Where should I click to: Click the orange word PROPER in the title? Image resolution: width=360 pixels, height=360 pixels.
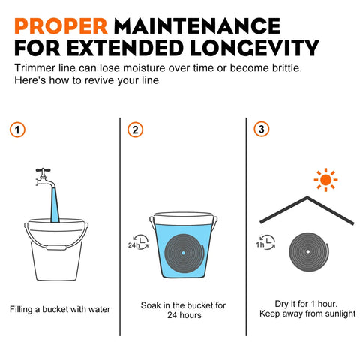click(x=61, y=26)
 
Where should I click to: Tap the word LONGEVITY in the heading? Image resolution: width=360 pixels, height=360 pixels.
click(x=254, y=48)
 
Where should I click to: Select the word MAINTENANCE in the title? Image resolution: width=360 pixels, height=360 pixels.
click(x=197, y=26)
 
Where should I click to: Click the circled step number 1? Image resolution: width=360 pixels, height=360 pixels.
click(x=17, y=130)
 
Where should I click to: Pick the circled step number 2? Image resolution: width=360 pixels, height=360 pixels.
click(x=135, y=130)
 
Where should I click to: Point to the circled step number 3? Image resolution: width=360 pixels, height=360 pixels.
click(x=262, y=129)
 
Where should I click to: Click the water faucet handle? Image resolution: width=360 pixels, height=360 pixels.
click(x=43, y=170)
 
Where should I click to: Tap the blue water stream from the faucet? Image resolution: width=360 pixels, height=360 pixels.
click(x=55, y=205)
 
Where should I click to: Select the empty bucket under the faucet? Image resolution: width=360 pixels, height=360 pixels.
click(x=56, y=249)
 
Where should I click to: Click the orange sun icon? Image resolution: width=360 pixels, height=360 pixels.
click(x=325, y=180)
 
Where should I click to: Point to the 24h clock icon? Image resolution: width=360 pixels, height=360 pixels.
click(x=139, y=242)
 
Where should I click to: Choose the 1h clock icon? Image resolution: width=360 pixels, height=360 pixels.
click(x=265, y=242)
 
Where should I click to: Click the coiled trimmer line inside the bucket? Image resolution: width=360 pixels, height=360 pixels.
click(x=184, y=253)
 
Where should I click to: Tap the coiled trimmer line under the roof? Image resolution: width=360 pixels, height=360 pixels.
click(x=309, y=252)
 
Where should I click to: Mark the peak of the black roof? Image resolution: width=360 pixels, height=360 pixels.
click(x=307, y=197)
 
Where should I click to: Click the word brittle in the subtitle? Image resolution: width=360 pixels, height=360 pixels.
click(x=286, y=67)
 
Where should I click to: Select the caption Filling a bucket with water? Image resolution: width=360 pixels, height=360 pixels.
click(x=60, y=309)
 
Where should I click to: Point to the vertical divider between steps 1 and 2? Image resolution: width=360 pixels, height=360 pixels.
click(x=120, y=226)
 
